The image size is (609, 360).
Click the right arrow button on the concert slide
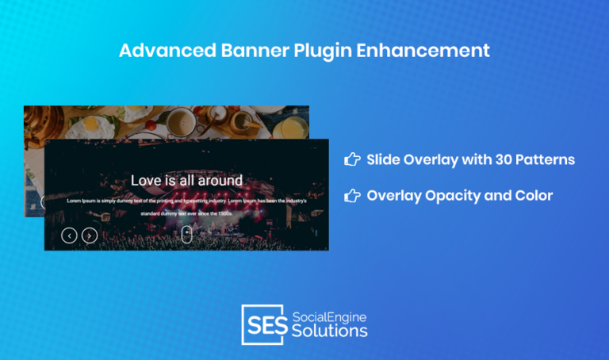click(x=90, y=235)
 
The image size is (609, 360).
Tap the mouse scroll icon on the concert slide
click(x=186, y=234)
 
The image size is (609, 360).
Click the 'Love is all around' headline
click(x=186, y=181)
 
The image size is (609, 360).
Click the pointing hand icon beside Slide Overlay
click(x=352, y=159)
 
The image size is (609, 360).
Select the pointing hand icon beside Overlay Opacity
click(x=352, y=195)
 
